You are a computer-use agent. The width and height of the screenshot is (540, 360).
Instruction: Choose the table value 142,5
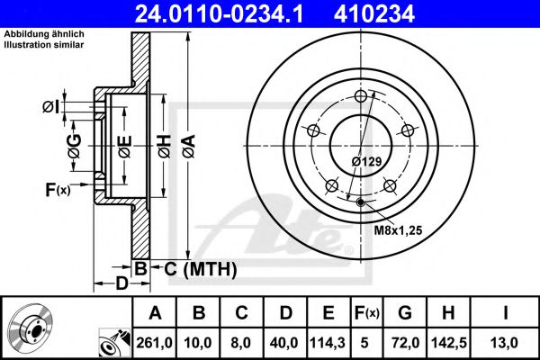(446, 343)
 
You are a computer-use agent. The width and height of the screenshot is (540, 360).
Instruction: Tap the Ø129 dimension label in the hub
(367, 161)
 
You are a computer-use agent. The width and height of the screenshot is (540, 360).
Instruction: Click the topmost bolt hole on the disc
(362, 98)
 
